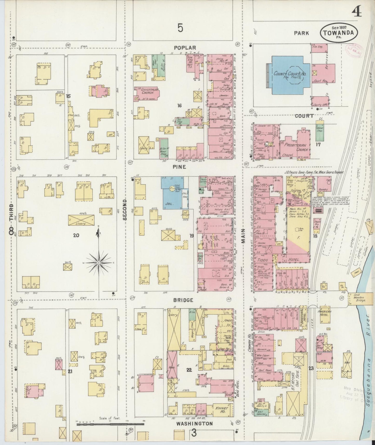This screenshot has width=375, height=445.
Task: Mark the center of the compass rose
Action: (x=99, y=263)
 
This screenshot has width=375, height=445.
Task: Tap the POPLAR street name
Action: (x=185, y=48)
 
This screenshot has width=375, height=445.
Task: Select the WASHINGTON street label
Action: (x=194, y=423)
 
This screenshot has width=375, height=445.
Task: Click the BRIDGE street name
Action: (x=183, y=300)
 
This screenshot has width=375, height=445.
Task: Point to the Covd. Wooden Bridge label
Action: (x=360, y=298)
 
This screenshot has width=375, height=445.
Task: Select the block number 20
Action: (x=76, y=235)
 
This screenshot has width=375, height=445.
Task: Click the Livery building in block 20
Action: (x=81, y=220)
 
